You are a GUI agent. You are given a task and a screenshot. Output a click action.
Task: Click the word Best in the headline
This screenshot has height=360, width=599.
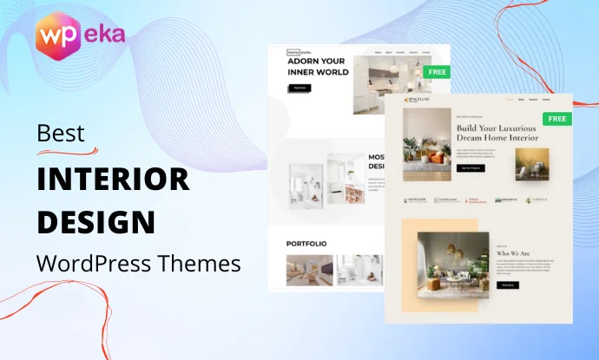61,134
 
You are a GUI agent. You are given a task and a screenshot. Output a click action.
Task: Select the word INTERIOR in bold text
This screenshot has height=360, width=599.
112,178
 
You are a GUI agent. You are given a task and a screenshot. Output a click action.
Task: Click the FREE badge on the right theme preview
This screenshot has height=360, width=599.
556,118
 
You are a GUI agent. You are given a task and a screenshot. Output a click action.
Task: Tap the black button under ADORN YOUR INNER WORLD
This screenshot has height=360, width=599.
299,88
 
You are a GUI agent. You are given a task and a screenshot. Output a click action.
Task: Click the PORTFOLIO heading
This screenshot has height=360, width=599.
306,244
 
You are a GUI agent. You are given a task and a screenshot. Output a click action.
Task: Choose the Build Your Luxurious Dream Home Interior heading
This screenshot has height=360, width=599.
497,132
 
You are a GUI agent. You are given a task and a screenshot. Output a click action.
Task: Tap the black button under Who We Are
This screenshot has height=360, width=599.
507,284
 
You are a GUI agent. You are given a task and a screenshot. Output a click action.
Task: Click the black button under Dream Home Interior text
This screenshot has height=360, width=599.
471,167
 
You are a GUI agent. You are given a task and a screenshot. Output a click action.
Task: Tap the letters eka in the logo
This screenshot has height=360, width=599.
105,35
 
